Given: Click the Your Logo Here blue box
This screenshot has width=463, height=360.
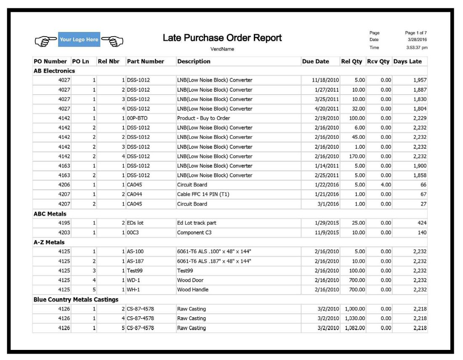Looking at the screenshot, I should coord(79,40).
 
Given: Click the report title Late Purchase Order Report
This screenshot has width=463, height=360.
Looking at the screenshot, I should coord(222,38).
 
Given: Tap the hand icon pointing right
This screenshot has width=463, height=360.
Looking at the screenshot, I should coord(45,40).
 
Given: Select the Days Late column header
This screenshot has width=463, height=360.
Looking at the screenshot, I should coord(407,61).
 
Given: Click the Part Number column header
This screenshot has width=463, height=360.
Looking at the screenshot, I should coord(145,61).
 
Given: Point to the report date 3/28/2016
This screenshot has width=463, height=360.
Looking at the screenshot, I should coord(418,40).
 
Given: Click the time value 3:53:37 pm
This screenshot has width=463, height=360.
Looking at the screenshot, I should coord(416,48).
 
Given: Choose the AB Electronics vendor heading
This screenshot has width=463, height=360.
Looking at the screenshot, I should coord(54,71).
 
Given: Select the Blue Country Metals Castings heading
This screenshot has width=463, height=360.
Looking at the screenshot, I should coord(76,299).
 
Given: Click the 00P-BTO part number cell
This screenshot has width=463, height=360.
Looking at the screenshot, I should coord(137,118).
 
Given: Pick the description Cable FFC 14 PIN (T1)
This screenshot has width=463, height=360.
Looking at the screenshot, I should coord(203,194).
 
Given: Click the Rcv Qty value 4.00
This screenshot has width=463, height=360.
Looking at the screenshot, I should coord(386,185).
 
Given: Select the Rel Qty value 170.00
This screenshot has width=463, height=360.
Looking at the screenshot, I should coord(357,156).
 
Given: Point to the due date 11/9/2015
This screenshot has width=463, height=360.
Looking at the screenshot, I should coord(327,233).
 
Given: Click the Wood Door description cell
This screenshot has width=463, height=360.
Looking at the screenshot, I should coord(190,280).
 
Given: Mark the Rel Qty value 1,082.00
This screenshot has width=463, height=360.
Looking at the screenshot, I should coord(354,328).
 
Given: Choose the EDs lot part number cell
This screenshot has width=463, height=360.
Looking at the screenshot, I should coord(135,223).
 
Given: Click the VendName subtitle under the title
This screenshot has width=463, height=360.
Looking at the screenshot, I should coord(222,49).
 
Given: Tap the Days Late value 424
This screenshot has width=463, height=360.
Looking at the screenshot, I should coord(422,223).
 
